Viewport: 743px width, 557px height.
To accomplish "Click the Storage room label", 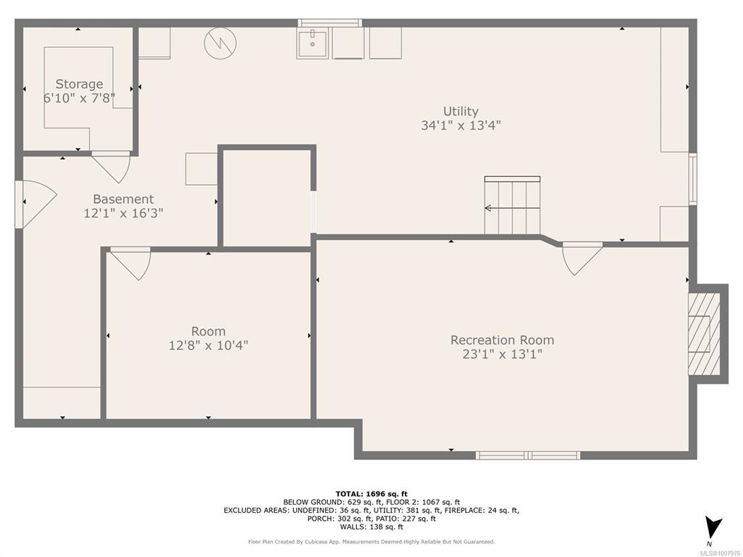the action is (79, 84).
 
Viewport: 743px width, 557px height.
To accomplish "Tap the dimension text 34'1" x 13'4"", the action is (461, 125).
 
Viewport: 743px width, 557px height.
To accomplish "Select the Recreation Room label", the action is (502, 340).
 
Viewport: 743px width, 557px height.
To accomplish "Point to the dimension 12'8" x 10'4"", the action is (208, 345).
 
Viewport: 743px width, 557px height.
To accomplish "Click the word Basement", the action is (123, 199).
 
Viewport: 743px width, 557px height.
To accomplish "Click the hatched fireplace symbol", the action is (704, 334).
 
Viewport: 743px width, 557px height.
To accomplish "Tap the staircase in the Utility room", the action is (512, 205).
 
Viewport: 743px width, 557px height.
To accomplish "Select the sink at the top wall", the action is (312, 44).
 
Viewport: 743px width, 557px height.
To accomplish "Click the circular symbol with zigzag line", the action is (221, 43).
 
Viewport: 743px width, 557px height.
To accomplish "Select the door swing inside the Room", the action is (131, 264).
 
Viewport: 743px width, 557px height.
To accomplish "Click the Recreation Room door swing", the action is (583, 259).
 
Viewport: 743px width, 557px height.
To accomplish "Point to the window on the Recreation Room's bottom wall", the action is (528, 455).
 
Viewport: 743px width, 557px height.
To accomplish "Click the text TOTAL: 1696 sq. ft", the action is (371, 494).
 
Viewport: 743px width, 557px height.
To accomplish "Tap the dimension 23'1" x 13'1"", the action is (502, 354).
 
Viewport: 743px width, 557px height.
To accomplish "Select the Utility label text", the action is (461, 111).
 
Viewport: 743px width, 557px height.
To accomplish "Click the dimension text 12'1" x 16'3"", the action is (123, 213).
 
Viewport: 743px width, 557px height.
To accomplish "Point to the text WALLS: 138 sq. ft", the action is (371, 527).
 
